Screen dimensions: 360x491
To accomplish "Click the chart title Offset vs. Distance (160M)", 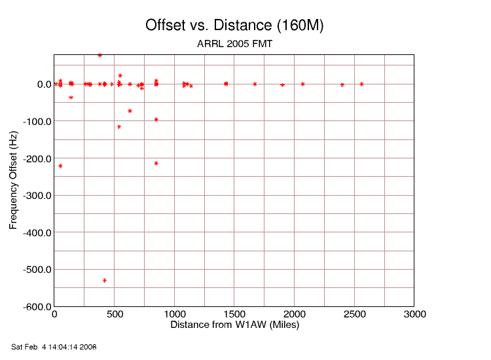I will click(234, 26).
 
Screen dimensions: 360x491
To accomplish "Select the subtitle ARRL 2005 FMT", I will click(234, 45).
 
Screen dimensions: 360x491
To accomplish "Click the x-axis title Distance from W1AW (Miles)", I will click(234, 325).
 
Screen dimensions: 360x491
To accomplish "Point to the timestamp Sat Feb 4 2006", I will click(54, 346).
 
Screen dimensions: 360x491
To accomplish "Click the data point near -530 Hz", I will click(105, 280).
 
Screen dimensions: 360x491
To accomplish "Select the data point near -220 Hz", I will click(60, 166).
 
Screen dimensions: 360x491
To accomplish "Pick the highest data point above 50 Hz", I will click(100, 56).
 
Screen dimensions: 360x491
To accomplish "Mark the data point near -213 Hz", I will click(156, 163).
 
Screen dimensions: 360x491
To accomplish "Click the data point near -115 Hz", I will click(119, 127).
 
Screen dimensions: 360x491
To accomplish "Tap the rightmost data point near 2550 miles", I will click(361, 84).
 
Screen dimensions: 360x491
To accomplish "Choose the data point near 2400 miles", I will click(342, 85).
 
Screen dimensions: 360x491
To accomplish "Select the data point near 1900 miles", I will click(282, 85).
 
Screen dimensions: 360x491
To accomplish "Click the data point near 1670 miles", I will click(255, 84).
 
